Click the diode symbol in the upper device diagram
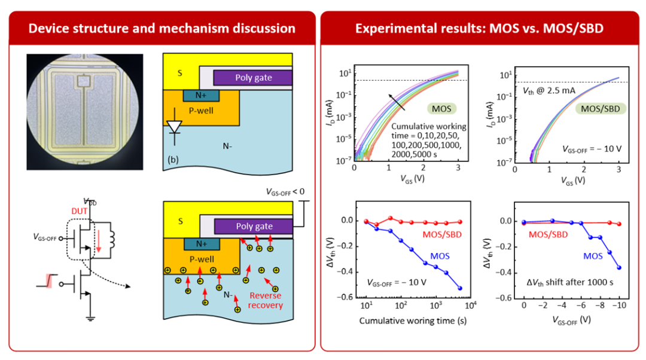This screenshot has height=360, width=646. tap(175, 126)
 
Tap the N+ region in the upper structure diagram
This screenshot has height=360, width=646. tap(201, 96)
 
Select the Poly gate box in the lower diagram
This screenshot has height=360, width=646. tap(254, 226)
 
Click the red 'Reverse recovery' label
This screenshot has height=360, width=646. tap(266, 300)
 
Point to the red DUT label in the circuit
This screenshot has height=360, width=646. tap(80, 211)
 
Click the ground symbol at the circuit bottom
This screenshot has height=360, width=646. tap(91, 318)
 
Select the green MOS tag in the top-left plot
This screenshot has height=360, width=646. tap(441, 109)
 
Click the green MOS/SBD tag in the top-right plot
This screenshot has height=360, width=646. tap(601, 109)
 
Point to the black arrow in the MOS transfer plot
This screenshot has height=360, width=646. tap(397, 103)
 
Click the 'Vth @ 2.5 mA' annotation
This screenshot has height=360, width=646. tap(549, 91)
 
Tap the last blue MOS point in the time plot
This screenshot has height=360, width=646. tap(460, 288)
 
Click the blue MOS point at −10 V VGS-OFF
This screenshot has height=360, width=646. tap(619, 268)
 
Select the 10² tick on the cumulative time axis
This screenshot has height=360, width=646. tap(401, 306)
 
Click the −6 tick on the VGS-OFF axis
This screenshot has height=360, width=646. tap(580, 305)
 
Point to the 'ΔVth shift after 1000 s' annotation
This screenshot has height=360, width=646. tap(570, 283)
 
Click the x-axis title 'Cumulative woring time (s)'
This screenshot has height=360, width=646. tap(413, 321)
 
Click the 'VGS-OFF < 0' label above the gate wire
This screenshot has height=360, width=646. tap(285, 192)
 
